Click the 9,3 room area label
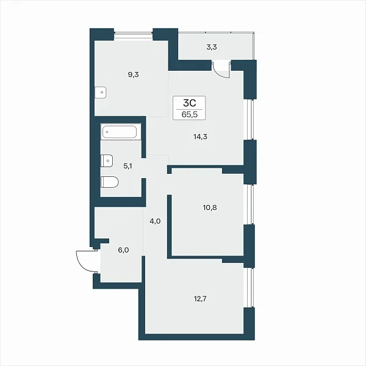click(x=133, y=74)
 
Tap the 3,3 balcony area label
click(x=212, y=47)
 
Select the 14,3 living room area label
click(x=200, y=137)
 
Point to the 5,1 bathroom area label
click(x=127, y=166)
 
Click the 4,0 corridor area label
click(x=155, y=221)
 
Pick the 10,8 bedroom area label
click(x=210, y=207)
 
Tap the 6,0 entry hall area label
click(x=123, y=250)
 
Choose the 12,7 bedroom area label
click(x=200, y=298)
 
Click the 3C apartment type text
click(x=189, y=102)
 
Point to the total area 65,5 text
click(x=189, y=115)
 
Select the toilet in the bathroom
click(x=109, y=182)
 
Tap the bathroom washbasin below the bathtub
click(x=107, y=160)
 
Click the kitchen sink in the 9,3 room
click(x=101, y=93)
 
